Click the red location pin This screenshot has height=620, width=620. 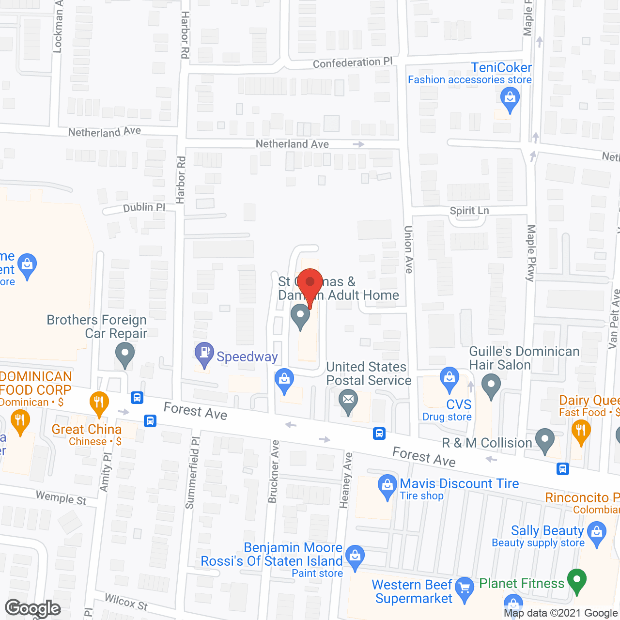pyautogui.click(x=310, y=283)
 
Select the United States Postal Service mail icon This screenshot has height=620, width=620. pyautogui.click(x=348, y=401)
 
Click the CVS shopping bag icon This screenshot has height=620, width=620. pyautogui.click(x=449, y=377)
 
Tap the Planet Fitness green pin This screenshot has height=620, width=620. pyautogui.click(x=576, y=580)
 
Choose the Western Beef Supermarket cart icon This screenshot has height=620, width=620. pyautogui.click(x=465, y=588)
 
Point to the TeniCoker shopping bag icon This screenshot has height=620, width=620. pyautogui.click(x=510, y=98)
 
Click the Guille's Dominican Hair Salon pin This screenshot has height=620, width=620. pyautogui.click(x=491, y=386)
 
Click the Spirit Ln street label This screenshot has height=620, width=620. pyautogui.click(x=469, y=211)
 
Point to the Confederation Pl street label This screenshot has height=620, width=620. pyautogui.click(x=353, y=63)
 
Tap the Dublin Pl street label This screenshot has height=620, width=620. pyautogui.click(x=144, y=207)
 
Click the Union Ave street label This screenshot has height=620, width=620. pyautogui.click(x=409, y=249)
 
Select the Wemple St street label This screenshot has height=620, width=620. pyautogui.click(x=61, y=497)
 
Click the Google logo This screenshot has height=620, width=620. pyautogui.click(x=32, y=608)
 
